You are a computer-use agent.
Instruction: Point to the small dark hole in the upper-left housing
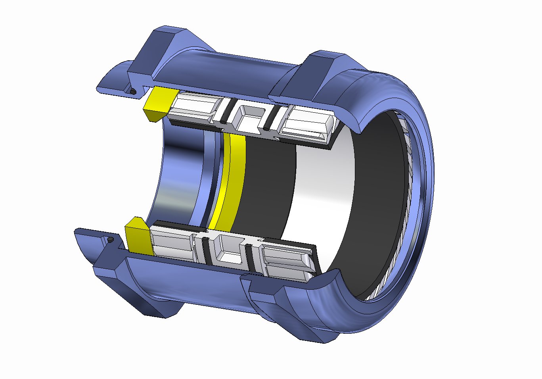coord(134,92)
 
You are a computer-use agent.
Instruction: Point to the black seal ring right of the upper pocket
coord(270,119)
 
